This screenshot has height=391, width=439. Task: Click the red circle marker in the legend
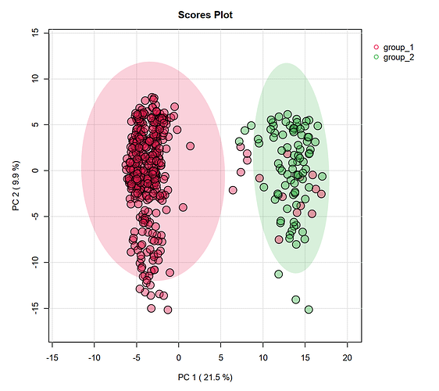377,48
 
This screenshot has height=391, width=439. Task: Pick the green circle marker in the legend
377,57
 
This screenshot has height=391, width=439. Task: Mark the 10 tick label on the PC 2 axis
36,78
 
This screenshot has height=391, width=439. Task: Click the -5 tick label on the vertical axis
36,216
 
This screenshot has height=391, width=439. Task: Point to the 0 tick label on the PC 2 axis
36,170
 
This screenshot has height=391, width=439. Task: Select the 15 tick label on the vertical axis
36,32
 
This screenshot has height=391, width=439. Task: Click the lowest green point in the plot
309,310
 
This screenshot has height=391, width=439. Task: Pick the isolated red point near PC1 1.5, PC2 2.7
191,146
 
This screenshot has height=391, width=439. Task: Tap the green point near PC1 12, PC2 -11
279,274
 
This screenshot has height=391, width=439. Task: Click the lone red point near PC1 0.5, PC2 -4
183,207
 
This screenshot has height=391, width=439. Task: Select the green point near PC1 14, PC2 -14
295,300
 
